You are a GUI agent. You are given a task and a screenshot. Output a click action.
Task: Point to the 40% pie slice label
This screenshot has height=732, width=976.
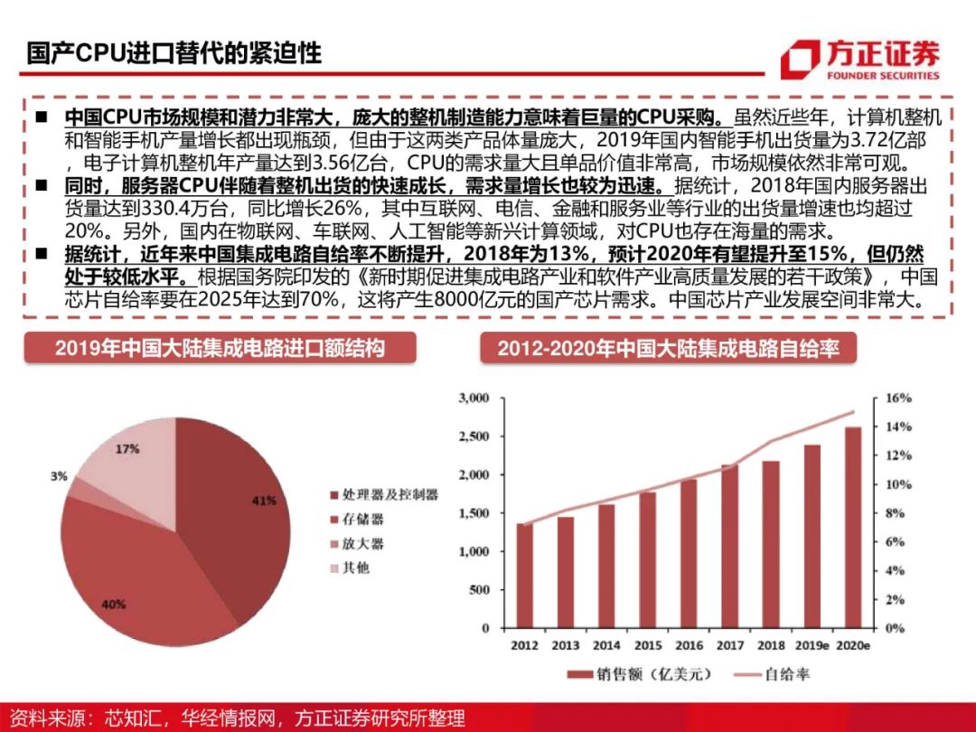tap(112, 605)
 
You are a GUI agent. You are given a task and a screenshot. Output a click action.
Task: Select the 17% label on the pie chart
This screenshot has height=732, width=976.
tap(127, 448)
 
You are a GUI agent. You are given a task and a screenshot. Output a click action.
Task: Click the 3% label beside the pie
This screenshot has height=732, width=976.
tap(59, 476)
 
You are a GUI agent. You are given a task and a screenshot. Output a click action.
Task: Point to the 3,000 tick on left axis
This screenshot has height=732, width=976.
tap(474, 398)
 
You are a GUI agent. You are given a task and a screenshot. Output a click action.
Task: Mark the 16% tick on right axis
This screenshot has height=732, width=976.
tap(892, 398)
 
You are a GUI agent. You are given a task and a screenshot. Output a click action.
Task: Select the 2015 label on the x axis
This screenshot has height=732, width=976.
tap(647, 645)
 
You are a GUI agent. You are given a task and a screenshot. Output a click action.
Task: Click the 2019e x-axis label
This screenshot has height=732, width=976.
tap(812, 645)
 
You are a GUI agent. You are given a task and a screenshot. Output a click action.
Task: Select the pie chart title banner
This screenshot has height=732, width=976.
tap(220, 348)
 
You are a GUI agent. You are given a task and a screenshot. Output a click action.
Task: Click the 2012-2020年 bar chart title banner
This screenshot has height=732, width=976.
tap(668, 348)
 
